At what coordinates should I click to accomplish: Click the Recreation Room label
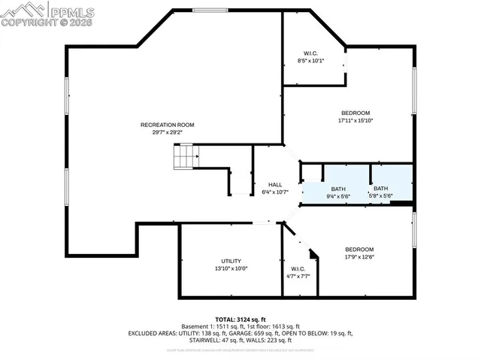(168, 125)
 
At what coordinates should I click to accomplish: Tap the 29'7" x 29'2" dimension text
(168, 132)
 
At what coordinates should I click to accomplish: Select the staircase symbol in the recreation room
(185, 159)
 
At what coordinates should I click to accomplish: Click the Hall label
(275, 185)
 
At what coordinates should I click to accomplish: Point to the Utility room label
(231, 261)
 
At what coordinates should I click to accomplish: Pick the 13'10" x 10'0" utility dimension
(231, 268)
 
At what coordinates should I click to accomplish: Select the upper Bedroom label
(355, 113)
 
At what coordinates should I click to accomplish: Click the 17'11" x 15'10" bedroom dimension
(355, 120)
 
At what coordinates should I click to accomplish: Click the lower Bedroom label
(359, 250)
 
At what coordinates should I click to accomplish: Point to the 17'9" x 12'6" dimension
(359, 257)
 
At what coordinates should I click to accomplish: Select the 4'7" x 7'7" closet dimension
(298, 276)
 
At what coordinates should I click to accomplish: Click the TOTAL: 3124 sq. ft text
(241, 319)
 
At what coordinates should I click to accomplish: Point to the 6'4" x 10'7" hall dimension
(275, 192)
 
